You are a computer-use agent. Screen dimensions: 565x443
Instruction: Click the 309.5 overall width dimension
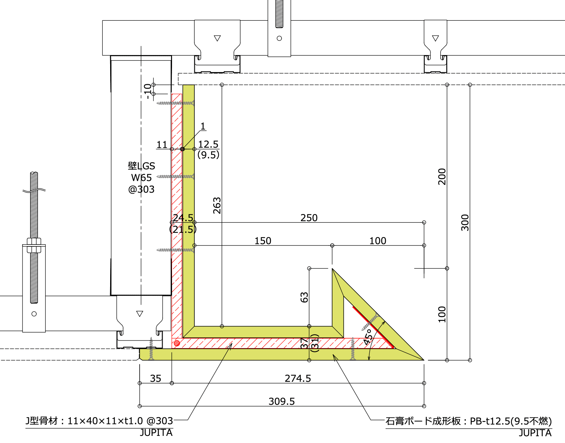click(x=282, y=402)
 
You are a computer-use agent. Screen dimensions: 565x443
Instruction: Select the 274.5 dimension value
click(x=298, y=379)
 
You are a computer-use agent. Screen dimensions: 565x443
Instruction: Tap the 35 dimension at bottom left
click(x=156, y=379)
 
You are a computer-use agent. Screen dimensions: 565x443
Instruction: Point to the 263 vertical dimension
click(x=217, y=206)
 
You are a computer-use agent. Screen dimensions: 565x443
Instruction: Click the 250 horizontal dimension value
click(x=309, y=218)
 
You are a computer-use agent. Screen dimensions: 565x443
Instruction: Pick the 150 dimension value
click(x=263, y=241)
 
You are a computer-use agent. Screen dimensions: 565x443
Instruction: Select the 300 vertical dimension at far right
click(x=465, y=222)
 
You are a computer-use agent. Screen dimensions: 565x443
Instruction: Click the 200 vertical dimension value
click(x=442, y=176)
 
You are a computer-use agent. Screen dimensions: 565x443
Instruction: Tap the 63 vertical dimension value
click(x=304, y=297)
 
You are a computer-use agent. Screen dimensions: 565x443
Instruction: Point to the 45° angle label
click(x=367, y=337)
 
